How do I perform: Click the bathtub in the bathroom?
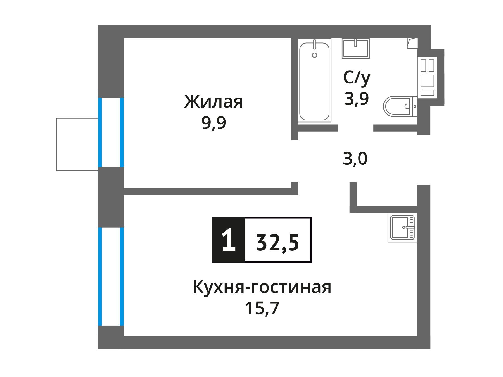(x=314, y=80)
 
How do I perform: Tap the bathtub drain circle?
(x=314, y=55)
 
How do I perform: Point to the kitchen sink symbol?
(x=402, y=227)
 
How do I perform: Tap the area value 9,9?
(x=214, y=123)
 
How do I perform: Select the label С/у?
(x=357, y=78)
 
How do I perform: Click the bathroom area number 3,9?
(x=357, y=99)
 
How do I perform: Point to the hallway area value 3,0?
(x=355, y=159)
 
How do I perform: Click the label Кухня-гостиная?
(x=262, y=287)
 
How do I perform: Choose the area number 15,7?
(x=262, y=308)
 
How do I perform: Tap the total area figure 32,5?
(x=278, y=243)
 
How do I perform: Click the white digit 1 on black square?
(x=228, y=240)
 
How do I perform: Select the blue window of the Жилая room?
(x=111, y=132)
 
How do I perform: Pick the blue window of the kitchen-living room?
(x=111, y=276)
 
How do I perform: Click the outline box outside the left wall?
(x=77, y=144)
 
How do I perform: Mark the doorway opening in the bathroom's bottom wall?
(x=356, y=128)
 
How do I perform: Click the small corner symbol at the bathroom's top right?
(x=412, y=43)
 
